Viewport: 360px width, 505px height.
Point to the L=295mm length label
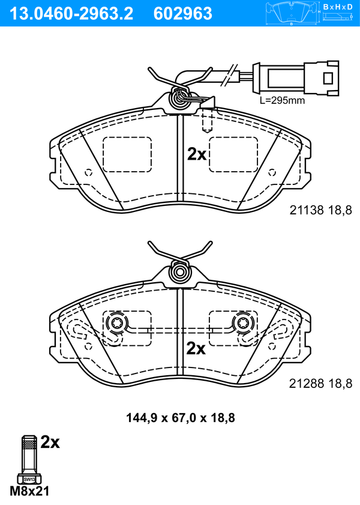[x=282, y=100]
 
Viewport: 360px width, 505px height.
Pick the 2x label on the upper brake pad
[x=197, y=155]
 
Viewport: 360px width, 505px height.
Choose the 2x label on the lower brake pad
[x=196, y=348]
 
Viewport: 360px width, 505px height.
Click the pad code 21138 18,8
[x=320, y=210]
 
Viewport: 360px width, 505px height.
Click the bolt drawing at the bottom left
[x=28, y=459]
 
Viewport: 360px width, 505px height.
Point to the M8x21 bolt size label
[x=29, y=491]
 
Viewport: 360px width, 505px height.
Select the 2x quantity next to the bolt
[x=50, y=443]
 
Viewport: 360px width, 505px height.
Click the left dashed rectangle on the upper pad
[x=127, y=154]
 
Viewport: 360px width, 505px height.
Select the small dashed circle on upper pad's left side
[x=89, y=173]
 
